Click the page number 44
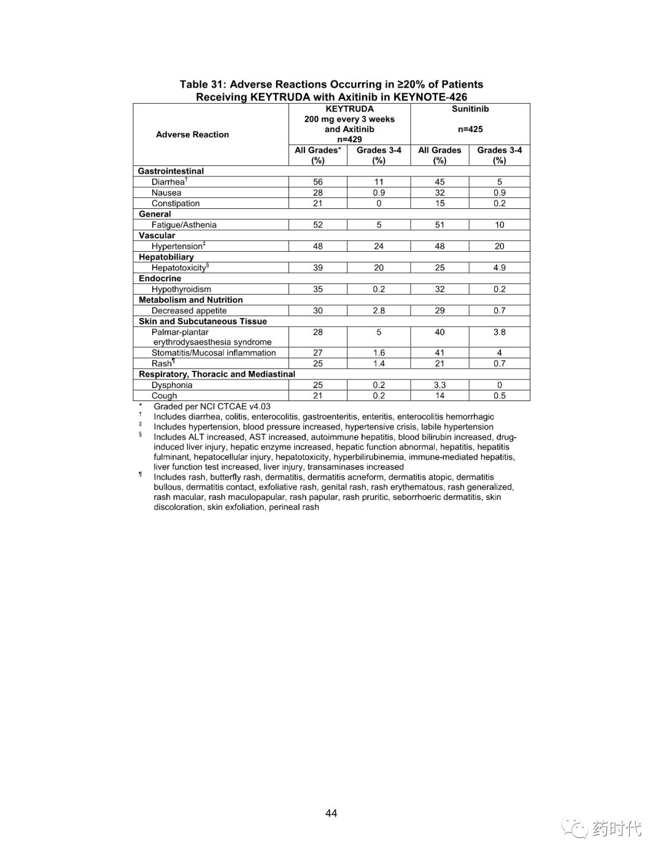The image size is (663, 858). click(x=331, y=813)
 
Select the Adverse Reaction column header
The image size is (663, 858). click(x=192, y=135)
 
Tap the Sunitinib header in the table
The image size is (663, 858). click(x=470, y=109)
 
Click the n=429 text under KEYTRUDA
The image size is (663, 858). click(x=349, y=139)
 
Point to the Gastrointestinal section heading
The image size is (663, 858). click(x=171, y=171)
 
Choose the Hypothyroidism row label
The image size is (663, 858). click(x=181, y=289)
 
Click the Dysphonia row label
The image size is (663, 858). click(x=172, y=385)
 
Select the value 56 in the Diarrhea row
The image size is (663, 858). click(x=318, y=182)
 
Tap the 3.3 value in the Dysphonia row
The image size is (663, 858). click(x=440, y=385)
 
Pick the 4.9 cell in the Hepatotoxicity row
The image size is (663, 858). click(x=500, y=268)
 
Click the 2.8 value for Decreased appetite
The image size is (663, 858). click(x=379, y=311)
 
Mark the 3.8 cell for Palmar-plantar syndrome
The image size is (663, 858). click(x=500, y=332)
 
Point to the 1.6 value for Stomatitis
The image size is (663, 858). click(x=379, y=353)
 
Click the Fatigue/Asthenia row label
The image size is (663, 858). click(x=184, y=225)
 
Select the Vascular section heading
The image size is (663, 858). click(x=157, y=236)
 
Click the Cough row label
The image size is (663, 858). click(x=164, y=396)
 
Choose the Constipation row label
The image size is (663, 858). click(x=176, y=203)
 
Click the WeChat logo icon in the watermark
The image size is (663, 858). click(x=577, y=829)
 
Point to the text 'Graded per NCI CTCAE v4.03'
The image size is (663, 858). click(x=212, y=407)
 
